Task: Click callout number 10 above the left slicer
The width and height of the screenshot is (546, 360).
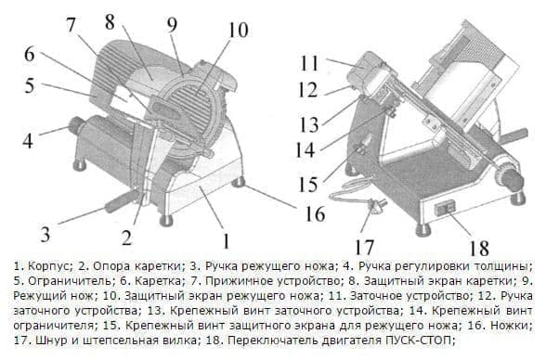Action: (x=237, y=30)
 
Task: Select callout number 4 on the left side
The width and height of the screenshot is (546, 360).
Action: (x=28, y=142)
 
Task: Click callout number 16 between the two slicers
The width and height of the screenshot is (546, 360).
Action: (x=316, y=214)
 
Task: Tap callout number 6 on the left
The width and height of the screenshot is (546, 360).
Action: (x=28, y=53)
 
